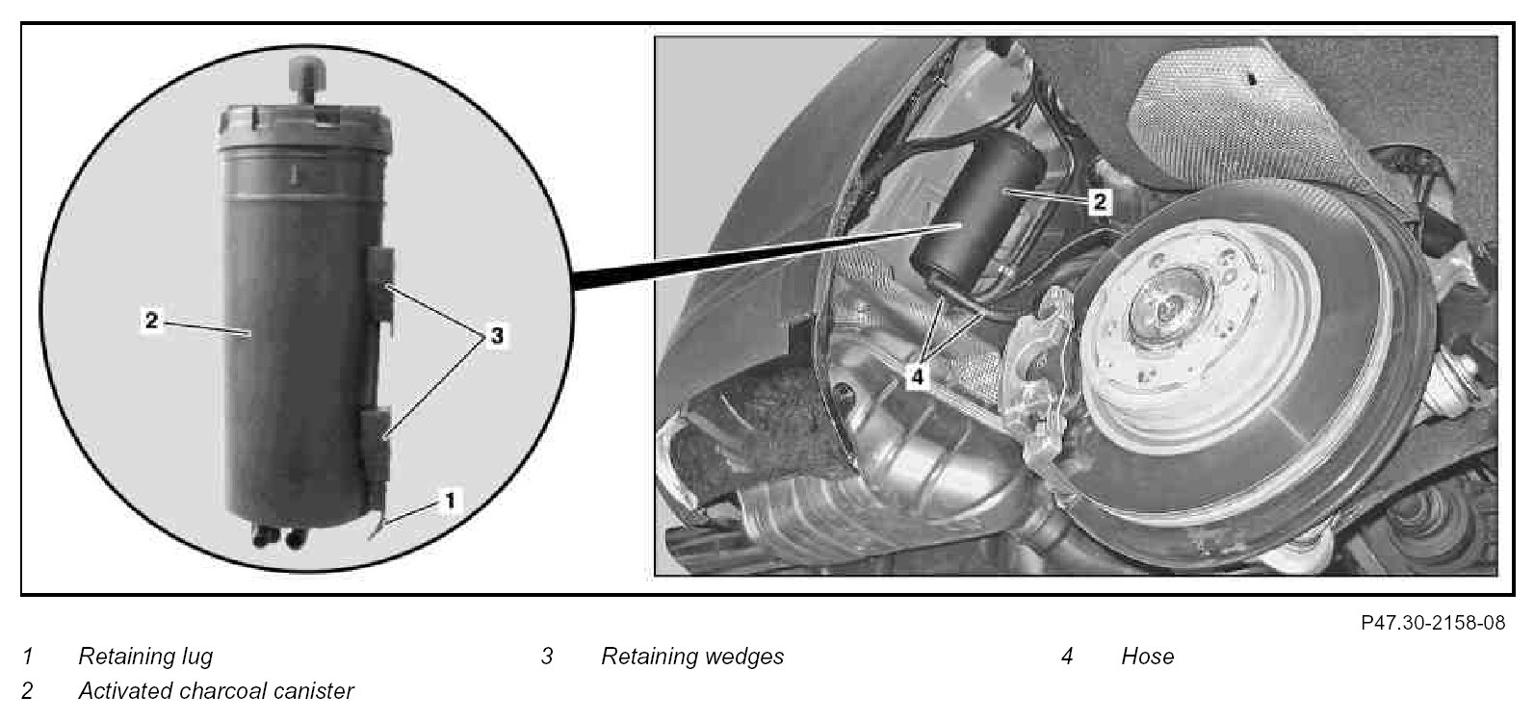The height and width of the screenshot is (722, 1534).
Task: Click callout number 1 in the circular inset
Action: pos(450,501)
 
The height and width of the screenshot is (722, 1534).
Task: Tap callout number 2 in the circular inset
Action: pos(151,320)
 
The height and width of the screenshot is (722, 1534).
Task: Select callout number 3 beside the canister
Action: pos(497,335)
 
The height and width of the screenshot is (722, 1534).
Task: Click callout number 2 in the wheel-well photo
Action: pos(1099,201)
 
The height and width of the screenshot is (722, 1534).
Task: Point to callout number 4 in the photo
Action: pos(917,376)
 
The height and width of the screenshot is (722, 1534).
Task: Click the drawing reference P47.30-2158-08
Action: pos(1433,622)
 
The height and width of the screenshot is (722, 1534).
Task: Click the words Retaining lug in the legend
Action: pos(145,656)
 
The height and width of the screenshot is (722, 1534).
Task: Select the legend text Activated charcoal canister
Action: pos(216,690)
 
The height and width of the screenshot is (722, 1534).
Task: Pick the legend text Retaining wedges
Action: pos(692,656)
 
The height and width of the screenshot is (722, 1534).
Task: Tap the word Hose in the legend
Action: pos(1147,657)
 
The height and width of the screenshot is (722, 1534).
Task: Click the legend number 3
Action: pos(547,657)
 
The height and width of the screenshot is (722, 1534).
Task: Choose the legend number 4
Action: pos(1067,657)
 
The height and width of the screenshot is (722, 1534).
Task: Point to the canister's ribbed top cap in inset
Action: pos(304,128)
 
